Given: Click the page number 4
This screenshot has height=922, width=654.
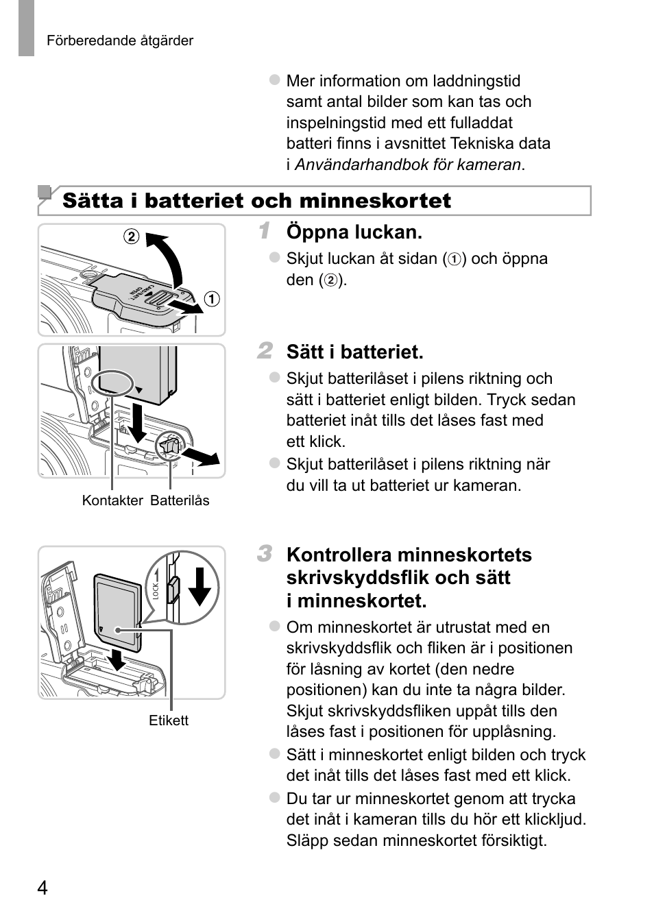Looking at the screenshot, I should click(43, 888).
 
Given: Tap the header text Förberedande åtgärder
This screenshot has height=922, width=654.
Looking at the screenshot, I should click(120, 40).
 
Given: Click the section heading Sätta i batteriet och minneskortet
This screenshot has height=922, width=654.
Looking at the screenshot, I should click(256, 201).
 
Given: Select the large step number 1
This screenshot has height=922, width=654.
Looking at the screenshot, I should click(264, 231).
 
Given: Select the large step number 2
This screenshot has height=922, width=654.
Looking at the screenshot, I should click(264, 351).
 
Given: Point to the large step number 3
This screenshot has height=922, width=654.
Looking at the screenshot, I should click(264, 553).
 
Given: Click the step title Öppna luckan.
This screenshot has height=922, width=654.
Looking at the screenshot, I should click(354, 232).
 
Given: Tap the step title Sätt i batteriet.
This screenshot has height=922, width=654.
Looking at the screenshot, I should click(354, 352).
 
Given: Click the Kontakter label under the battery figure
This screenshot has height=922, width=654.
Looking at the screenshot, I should click(112, 500).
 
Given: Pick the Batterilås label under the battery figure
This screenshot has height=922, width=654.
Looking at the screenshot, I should click(180, 500).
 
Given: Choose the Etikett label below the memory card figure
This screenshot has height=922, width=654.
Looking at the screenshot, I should click(169, 720).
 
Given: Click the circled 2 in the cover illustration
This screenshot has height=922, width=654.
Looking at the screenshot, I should click(131, 237).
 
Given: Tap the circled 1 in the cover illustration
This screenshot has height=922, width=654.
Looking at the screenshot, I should click(212, 299).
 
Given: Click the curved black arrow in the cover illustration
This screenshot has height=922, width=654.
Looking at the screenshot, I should click(168, 257).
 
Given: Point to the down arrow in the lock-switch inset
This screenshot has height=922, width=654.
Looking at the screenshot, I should click(200, 586).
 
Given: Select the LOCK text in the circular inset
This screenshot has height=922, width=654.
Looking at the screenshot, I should click(156, 591).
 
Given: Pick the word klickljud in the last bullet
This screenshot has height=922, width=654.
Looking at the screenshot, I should click(550, 819).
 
